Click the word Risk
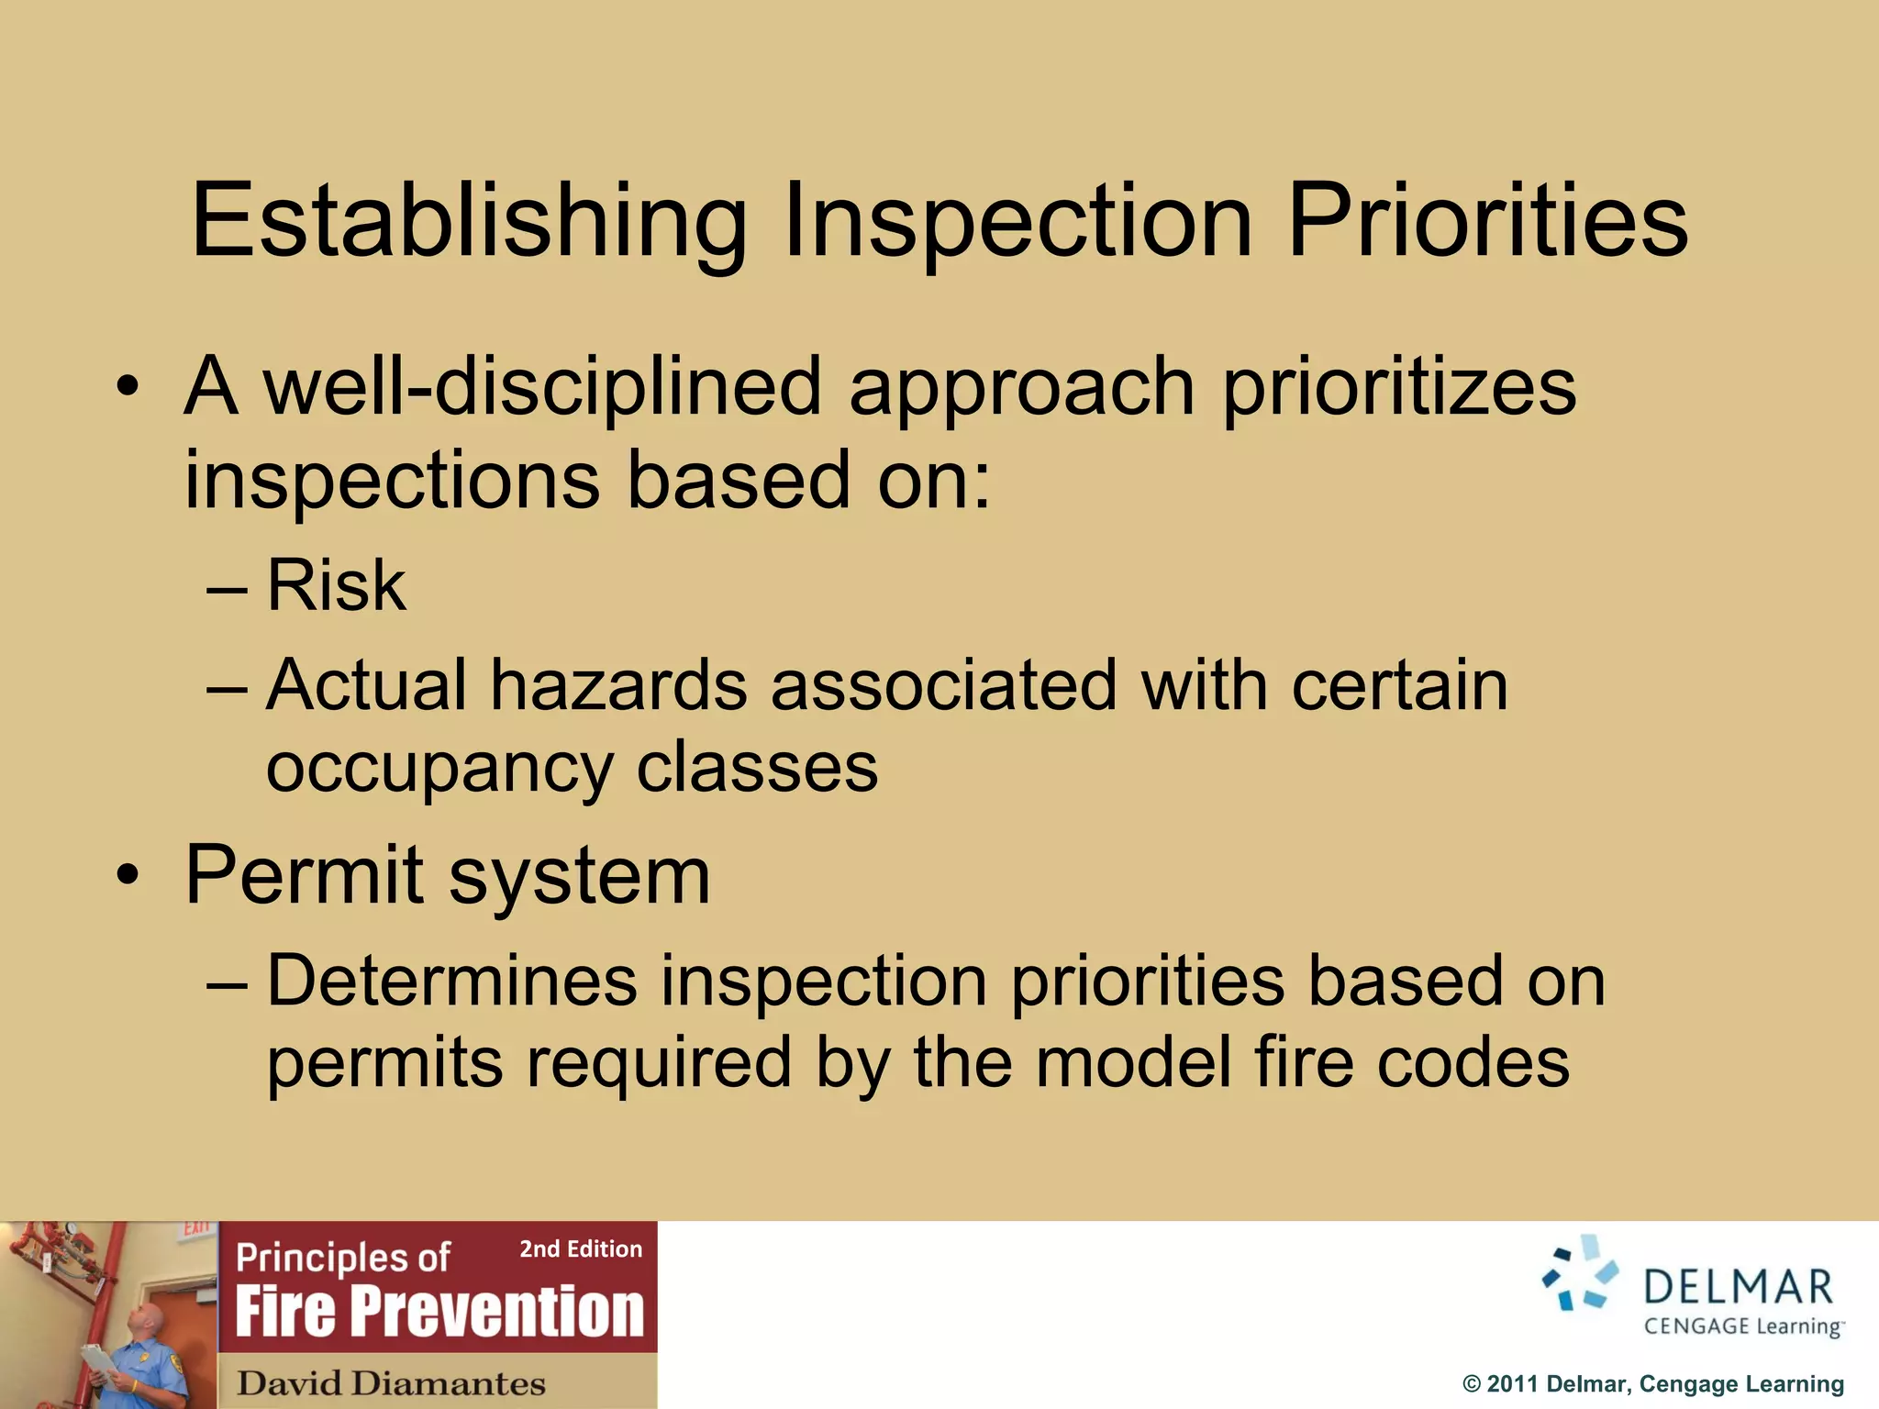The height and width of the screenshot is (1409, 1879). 336,585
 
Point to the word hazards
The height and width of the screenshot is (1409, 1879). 618,685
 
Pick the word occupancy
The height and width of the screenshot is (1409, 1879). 439,769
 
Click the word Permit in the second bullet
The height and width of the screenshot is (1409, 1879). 304,875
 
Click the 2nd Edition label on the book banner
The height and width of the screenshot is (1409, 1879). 581,1249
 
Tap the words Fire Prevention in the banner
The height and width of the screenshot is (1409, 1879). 439,1311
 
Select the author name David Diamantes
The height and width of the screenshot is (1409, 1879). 391,1382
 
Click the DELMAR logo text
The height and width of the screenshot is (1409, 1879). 1738,1287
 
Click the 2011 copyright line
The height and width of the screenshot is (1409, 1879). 1652,1383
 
